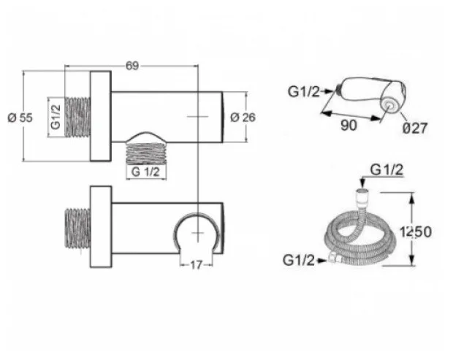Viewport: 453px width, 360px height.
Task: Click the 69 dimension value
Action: click(x=132, y=66)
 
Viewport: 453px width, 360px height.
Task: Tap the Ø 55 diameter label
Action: click(x=20, y=118)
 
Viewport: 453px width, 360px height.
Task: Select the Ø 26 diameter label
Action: click(x=243, y=118)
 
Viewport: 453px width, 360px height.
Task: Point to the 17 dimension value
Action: click(x=196, y=265)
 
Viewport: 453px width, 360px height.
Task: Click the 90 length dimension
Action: click(x=349, y=126)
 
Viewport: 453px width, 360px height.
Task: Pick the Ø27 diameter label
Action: click(x=415, y=128)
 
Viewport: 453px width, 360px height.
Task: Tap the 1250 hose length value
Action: click(x=416, y=231)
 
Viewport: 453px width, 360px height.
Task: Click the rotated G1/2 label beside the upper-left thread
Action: click(x=56, y=117)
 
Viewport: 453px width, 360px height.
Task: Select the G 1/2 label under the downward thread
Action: click(x=145, y=172)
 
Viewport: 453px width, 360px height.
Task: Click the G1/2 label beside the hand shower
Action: click(x=304, y=92)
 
